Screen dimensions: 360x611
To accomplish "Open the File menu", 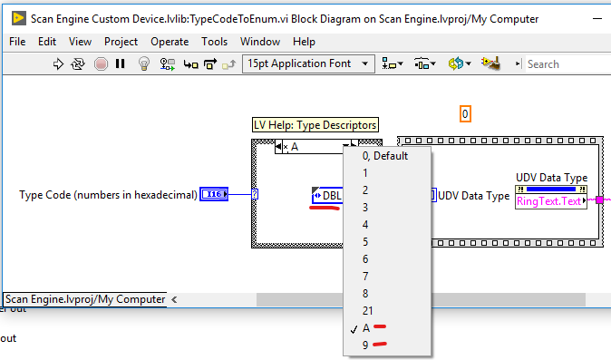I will click(17, 42).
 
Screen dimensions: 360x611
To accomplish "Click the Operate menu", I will click(170, 42).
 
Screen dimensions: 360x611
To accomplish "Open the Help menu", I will click(304, 42).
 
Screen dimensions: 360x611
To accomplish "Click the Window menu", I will click(260, 42).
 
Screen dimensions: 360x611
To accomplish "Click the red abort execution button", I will click(101, 63).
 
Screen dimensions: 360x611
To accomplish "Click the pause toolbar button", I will click(120, 63).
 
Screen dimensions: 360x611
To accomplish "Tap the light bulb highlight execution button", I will click(143, 63).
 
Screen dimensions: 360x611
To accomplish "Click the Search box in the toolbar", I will click(562, 63).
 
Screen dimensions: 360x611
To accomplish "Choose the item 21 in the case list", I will click(368, 311).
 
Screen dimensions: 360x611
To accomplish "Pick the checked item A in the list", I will click(366, 328).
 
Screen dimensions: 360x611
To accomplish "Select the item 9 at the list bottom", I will click(365, 345).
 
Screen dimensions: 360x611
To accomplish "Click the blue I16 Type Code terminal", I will click(214, 194).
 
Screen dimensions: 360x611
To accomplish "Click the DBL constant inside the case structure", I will click(328, 195).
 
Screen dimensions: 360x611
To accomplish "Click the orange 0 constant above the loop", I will click(465, 114).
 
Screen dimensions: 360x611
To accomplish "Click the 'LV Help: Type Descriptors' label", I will click(315, 125).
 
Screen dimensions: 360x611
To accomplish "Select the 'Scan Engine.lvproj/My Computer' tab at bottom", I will click(84, 298).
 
